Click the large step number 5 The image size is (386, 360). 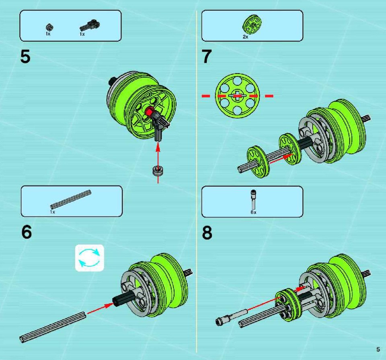click(25, 57)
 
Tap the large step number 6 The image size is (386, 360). click(27, 232)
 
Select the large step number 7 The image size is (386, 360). click(207, 57)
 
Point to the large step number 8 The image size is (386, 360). click(207, 233)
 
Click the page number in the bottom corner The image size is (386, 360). click(378, 350)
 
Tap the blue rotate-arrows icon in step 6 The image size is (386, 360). click(90, 258)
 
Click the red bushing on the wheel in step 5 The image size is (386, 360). click(149, 112)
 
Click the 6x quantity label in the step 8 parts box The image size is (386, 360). click(253, 212)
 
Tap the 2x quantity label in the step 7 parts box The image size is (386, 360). click(245, 37)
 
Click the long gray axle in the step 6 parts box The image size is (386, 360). click(71, 200)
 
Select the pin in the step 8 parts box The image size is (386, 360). click(253, 200)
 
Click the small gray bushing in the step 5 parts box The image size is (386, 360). click(49, 27)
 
